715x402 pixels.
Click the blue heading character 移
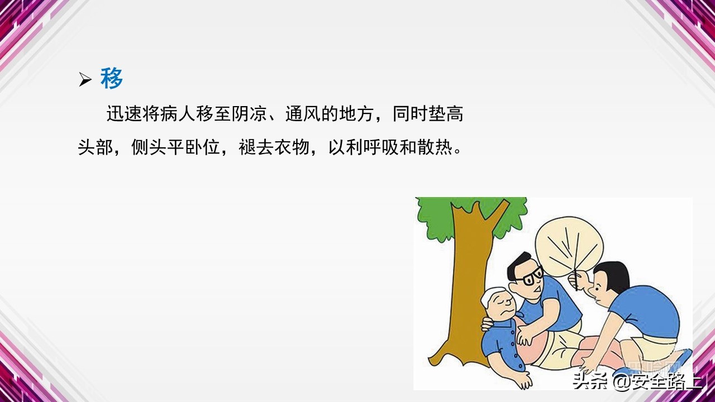point(112,79)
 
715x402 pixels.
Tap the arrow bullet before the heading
point(85,80)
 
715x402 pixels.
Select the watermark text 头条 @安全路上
point(637,381)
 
